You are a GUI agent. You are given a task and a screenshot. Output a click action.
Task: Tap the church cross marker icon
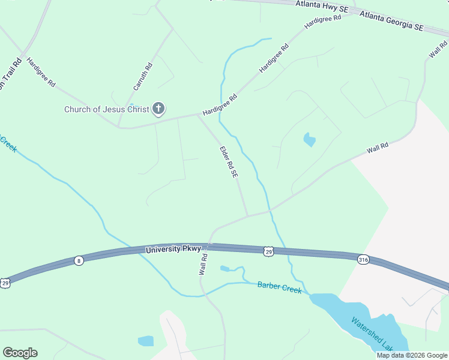(158, 109)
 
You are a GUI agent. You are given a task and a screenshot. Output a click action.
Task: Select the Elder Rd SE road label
(229, 162)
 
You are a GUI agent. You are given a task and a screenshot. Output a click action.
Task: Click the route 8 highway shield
(79, 260)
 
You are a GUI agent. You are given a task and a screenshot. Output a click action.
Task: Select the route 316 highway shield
(362, 260)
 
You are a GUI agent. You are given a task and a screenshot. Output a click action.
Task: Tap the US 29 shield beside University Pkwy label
(268, 251)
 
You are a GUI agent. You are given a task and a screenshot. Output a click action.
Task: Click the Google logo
(20, 353)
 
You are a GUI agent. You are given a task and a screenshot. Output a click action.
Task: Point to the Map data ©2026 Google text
(412, 355)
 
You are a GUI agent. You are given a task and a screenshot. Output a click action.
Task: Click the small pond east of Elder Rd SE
(309, 140)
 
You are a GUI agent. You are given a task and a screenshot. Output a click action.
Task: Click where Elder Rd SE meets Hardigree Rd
(198, 115)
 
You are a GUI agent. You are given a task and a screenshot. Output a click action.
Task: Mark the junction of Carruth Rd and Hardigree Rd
(119, 126)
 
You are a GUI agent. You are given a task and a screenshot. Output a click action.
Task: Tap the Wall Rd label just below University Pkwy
(203, 265)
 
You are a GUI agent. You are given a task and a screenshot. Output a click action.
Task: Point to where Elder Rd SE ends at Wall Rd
(247, 216)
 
